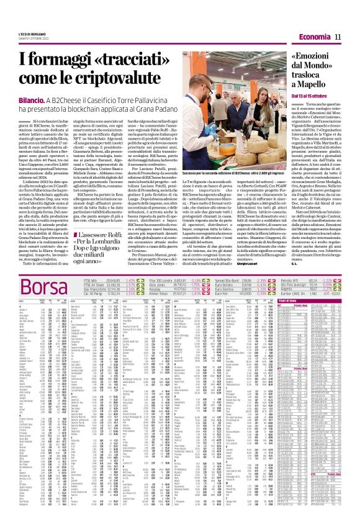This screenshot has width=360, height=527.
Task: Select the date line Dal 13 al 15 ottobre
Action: coord(313,96)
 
